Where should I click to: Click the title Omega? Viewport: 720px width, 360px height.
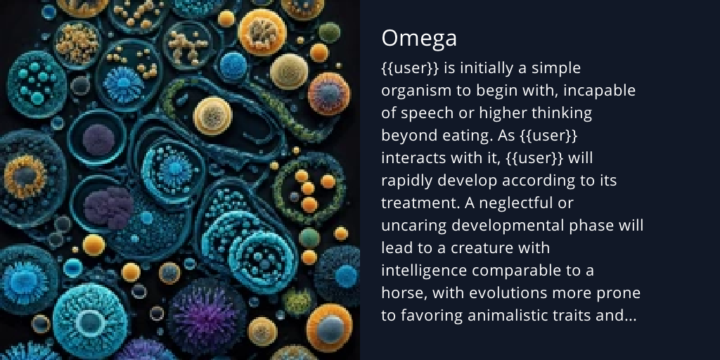coord(418,39)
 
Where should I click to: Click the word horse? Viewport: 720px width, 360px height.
coord(401,293)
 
